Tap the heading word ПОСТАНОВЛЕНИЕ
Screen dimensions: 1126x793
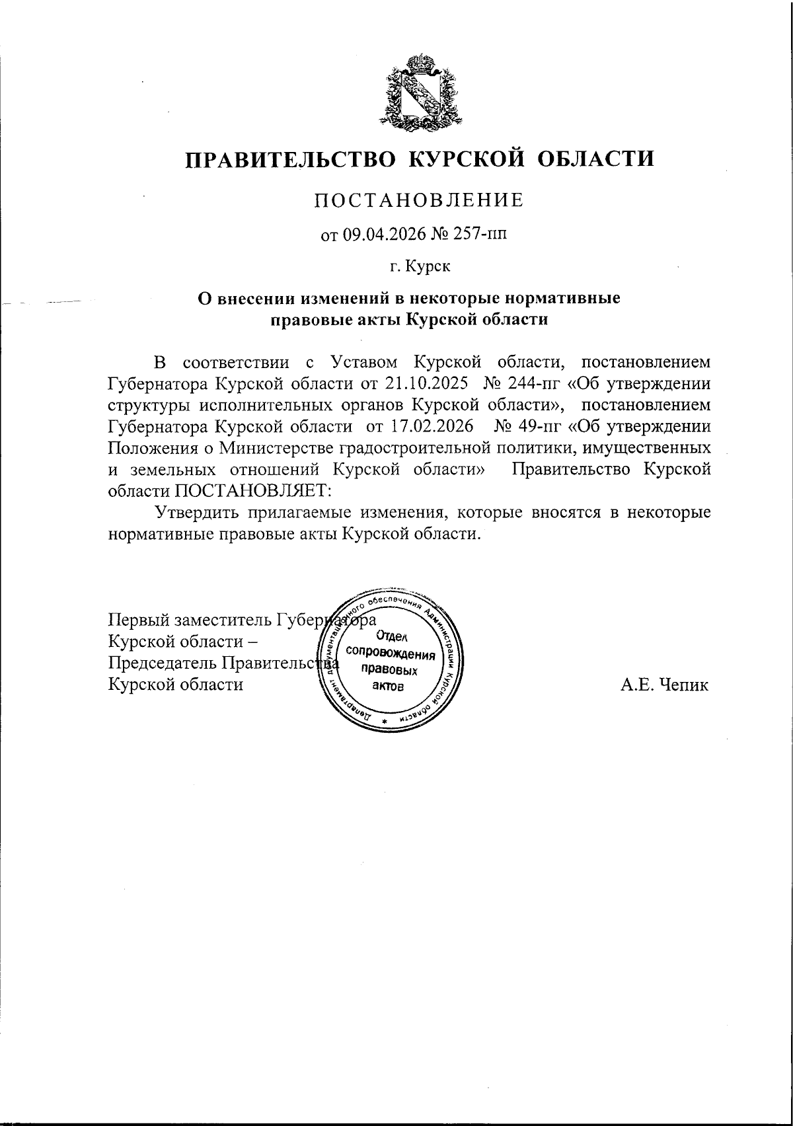[x=418, y=200]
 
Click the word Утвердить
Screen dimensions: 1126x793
[x=196, y=512]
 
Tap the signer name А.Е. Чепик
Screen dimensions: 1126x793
[x=664, y=685]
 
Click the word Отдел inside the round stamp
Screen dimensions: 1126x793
[x=392, y=637]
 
